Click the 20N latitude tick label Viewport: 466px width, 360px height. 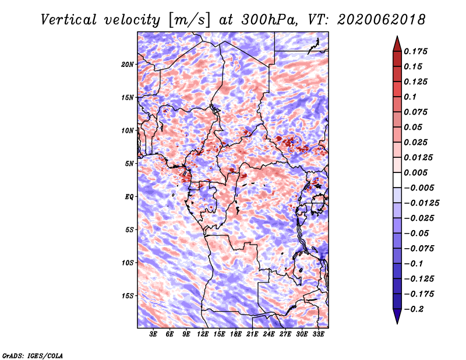tap(128, 65)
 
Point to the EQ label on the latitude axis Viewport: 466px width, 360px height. tap(129, 197)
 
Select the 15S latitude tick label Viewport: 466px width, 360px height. tap(128, 296)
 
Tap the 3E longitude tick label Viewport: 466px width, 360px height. tap(153, 334)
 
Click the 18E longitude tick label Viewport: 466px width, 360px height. tap(236, 334)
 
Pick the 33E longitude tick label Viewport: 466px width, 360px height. tap(318, 334)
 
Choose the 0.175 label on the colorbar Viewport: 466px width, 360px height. tap(415, 51)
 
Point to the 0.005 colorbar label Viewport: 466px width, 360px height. tap(415, 172)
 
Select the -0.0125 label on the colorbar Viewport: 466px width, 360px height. tap(421, 203)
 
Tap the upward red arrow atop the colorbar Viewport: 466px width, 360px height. tap(397, 44)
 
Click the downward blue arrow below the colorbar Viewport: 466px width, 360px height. tap(397, 316)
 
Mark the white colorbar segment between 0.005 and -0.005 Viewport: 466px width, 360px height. tap(397, 180)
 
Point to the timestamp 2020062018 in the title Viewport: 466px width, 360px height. tap(382, 20)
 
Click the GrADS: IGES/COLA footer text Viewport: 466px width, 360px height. tap(33, 356)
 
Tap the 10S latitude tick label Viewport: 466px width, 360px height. tap(128, 263)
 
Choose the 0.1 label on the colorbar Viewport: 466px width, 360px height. tap(410, 97)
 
